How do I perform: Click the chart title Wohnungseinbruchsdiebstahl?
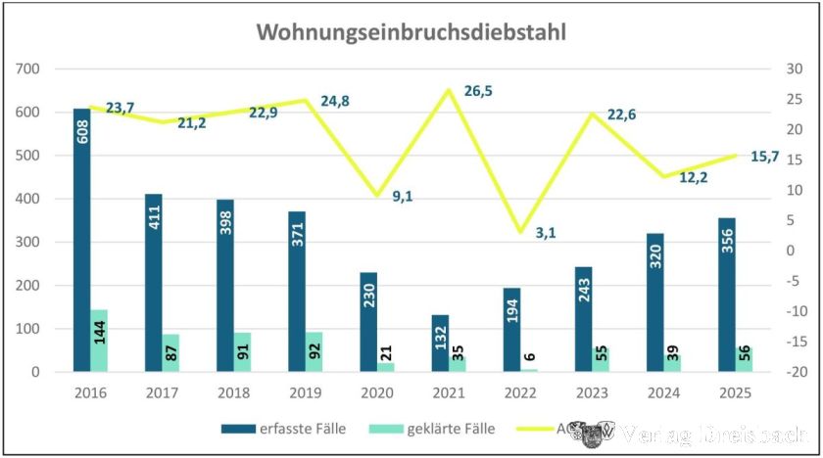[x=411, y=31]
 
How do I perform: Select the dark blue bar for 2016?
[x=81, y=240]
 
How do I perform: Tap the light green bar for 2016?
[x=99, y=341]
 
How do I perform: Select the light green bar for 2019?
[x=315, y=352]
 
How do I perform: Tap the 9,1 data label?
[x=402, y=196]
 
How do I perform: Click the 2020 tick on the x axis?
[x=377, y=392]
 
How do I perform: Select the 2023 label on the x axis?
[x=593, y=392]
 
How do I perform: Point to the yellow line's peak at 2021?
[x=449, y=90]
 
